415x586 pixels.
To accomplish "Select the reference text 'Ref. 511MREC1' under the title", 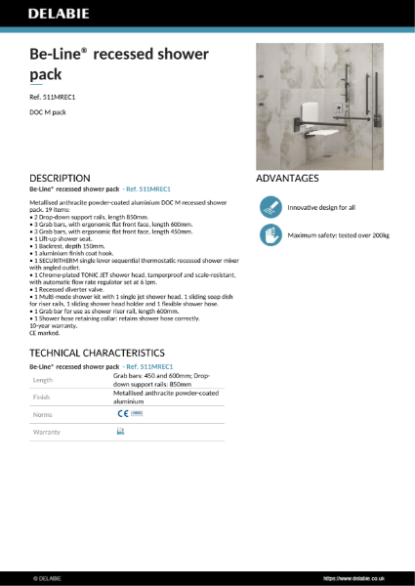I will pyautogui.click(x=53, y=99).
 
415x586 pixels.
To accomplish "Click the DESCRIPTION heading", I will pyautogui.click(x=60, y=179).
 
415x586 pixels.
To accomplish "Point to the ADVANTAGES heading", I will pyautogui.click(x=287, y=179).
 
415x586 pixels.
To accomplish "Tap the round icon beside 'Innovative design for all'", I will pyautogui.click(x=270, y=207).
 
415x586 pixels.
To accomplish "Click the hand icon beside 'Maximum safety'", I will pyautogui.click(x=270, y=234).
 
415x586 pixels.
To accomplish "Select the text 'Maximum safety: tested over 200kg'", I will pyautogui.click(x=337, y=234).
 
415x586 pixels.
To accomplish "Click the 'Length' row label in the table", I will pyautogui.click(x=43, y=379).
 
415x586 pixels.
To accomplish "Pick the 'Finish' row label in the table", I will pyautogui.click(x=42, y=398).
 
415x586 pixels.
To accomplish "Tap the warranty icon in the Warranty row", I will pyautogui.click(x=120, y=431).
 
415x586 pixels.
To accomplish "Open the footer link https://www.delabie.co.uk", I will pyautogui.click(x=357, y=578).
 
